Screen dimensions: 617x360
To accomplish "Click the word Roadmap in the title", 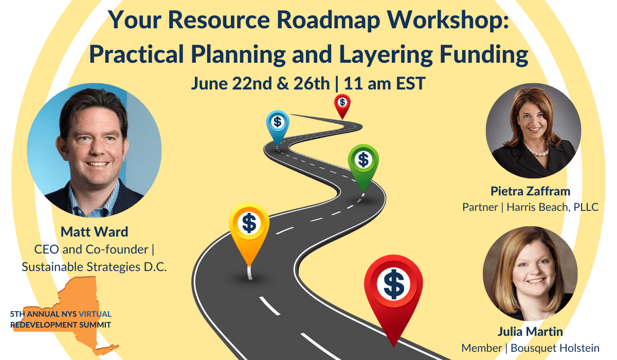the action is click(329, 20).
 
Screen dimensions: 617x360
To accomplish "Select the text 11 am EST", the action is click(385, 83).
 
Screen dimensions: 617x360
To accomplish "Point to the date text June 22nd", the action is click(233, 83).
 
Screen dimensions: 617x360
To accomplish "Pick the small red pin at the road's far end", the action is click(342, 106).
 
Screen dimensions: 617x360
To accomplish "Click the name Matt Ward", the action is click(94, 231).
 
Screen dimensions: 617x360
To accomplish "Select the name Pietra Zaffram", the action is click(530, 191).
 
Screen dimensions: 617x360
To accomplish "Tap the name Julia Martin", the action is click(530, 331).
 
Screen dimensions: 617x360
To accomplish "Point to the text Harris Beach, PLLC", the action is click(553, 207).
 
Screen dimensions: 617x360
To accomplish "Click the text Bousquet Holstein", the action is click(555, 348).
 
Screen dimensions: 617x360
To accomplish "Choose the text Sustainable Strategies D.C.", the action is click(94, 267).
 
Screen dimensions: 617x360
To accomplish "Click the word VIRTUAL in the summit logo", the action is click(95, 314).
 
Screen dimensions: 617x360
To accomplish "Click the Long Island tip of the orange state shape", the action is click(117, 346).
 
